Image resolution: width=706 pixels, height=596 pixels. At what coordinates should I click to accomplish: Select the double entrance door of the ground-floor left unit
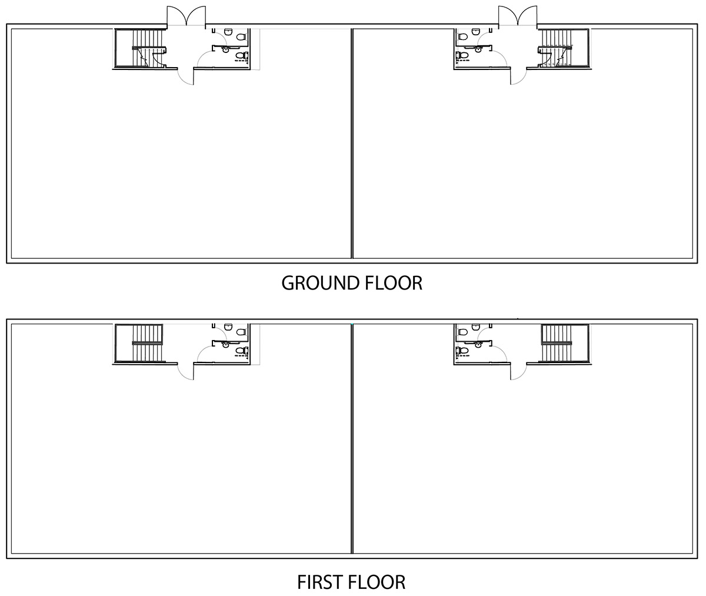[x=187, y=17]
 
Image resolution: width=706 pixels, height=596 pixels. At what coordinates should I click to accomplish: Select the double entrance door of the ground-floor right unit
[x=517, y=17]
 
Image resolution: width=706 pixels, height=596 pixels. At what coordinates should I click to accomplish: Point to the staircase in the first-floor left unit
[x=141, y=344]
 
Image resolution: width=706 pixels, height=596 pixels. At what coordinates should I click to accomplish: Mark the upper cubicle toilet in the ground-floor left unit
[x=241, y=36]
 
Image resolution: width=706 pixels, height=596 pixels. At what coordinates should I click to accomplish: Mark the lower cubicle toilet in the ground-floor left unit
[x=241, y=56]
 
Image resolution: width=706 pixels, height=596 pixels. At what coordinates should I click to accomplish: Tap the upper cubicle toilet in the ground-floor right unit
[x=462, y=36]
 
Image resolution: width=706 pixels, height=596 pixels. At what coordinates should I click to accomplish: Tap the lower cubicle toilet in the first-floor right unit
[x=462, y=351]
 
